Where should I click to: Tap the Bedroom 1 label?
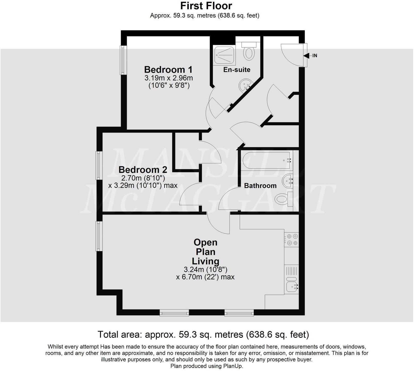[168, 70]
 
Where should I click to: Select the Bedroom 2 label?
[143, 170]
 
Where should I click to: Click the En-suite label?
[237, 70]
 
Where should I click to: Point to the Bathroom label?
[260, 185]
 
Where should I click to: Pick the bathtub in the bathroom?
[267, 160]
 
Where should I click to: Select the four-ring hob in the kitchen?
[291, 239]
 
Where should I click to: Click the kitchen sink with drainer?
[291, 280]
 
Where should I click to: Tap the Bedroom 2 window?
[99, 165]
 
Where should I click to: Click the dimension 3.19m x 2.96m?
[168, 78]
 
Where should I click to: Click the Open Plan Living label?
[205, 251]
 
